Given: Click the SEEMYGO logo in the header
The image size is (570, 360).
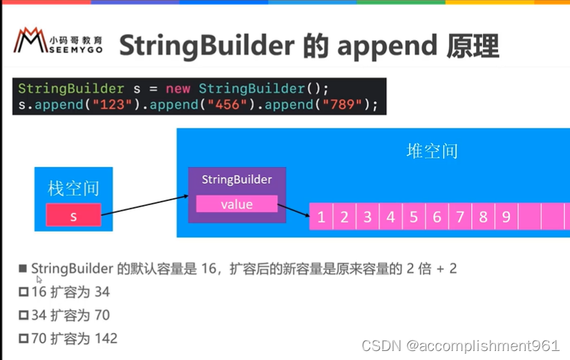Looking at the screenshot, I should tap(59, 44).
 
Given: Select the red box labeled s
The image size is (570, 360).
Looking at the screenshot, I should tap(73, 216).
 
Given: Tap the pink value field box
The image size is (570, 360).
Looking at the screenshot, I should tap(236, 204).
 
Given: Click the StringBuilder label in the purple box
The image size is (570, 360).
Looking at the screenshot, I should tap(236, 180).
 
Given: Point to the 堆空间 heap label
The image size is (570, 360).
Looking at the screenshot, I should tap(432, 151).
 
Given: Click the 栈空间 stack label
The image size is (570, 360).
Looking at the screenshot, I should tap(73, 187).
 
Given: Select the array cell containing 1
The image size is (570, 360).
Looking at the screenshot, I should tap(321, 217).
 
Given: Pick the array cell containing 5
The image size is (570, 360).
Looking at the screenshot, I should tap(413, 217).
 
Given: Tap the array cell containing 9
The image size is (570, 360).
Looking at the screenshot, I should tap(506, 217).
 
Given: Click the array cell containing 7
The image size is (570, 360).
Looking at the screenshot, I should tap(459, 217).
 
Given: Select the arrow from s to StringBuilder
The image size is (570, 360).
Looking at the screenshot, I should tap(144, 207).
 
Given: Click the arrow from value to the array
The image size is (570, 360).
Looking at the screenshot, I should tap(293, 211).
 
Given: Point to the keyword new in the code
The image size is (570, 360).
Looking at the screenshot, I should tap(177, 88).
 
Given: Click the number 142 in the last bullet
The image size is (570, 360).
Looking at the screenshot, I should tap(107, 339).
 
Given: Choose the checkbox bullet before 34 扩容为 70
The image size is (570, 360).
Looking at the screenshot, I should tap(24, 316).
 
